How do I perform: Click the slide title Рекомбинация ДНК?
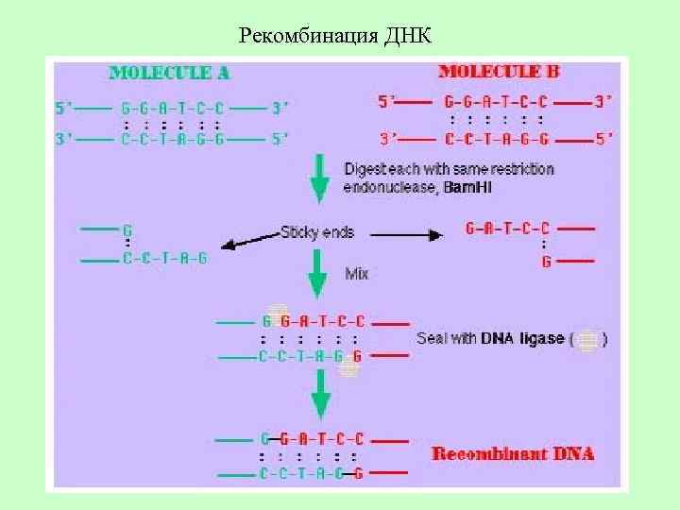pos(335,37)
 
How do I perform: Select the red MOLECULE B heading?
pos(504,72)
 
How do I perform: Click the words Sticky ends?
pos(316,230)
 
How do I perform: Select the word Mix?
pos(356,274)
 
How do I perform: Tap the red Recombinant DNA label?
pos(513,453)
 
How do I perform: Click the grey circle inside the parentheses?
pos(587,339)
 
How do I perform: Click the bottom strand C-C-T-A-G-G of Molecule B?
pos(494,140)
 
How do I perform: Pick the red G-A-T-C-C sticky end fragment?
pos(508,228)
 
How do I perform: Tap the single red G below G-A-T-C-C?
pos(546,263)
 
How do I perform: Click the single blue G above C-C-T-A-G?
pos(127,229)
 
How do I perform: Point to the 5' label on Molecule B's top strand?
pos(387,101)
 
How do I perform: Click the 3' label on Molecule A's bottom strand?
pos(65,139)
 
